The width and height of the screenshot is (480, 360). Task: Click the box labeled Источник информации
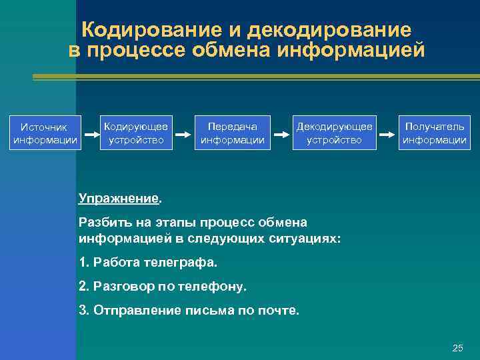pos(45,133)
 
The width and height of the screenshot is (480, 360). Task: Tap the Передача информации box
pos(233,133)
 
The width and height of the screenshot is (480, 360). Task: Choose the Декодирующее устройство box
pos(334,133)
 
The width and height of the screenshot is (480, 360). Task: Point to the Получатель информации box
pos(434,133)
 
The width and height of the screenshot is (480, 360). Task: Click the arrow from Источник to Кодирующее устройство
pos(89,133)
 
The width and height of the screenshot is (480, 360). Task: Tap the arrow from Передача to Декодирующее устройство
pos(283,133)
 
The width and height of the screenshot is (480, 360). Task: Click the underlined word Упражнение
pos(119,198)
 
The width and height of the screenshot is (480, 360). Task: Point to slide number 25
pos(457,348)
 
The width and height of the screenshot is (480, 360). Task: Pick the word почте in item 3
pos(281,310)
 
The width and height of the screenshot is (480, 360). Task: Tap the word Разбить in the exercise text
pos(102,222)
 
